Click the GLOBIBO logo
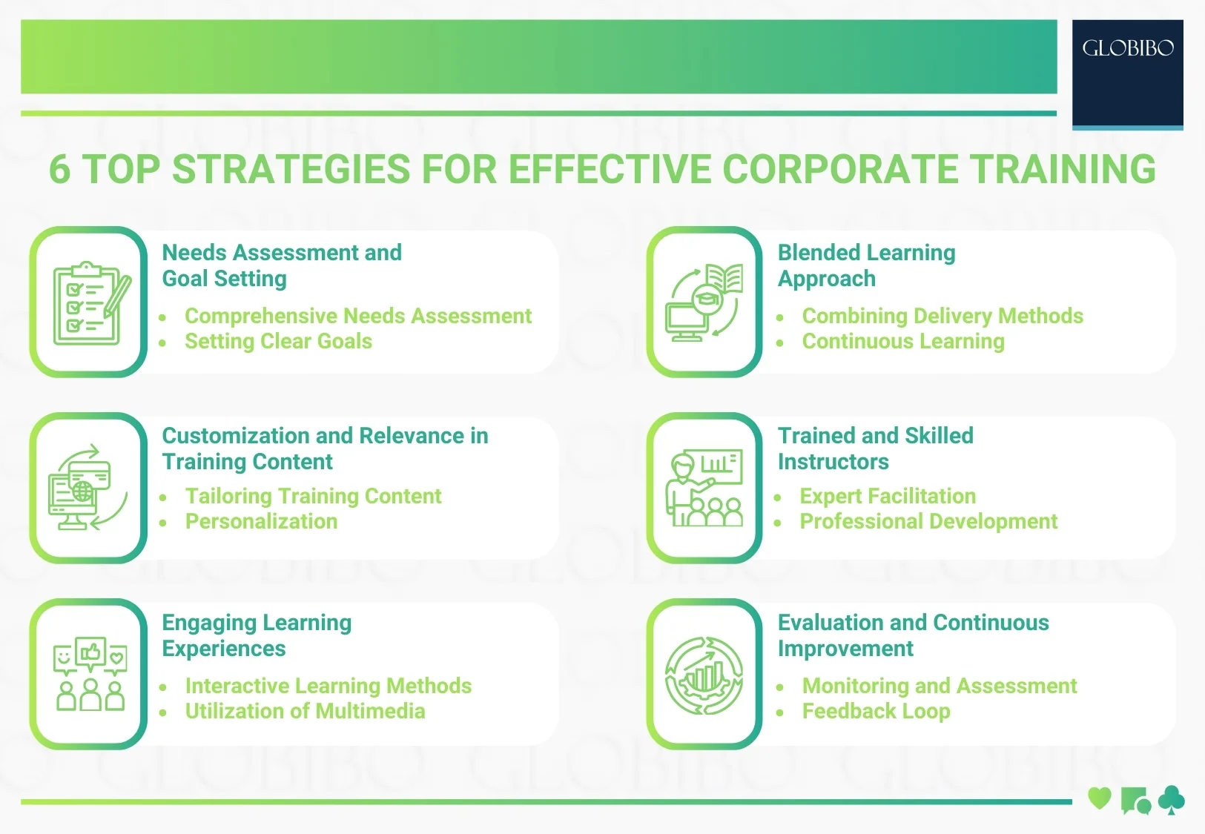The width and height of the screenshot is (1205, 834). (x=1127, y=49)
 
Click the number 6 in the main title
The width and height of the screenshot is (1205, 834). (x=60, y=170)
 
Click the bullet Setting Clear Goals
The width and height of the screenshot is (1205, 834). (x=278, y=342)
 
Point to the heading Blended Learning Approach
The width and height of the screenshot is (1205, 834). (x=866, y=265)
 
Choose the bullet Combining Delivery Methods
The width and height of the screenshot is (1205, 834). (x=942, y=317)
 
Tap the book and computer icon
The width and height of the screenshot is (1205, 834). (x=704, y=302)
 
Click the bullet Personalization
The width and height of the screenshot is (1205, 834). (x=261, y=522)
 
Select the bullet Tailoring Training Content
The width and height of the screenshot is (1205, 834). (x=313, y=497)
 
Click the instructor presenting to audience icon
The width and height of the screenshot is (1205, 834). (x=704, y=489)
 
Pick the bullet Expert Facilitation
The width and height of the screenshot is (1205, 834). (x=887, y=497)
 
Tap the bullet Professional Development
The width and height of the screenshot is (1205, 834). (x=928, y=522)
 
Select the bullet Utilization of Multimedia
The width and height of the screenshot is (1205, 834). (x=305, y=712)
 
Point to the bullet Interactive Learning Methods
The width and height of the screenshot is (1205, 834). (x=328, y=686)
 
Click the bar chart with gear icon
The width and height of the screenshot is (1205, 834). (x=704, y=675)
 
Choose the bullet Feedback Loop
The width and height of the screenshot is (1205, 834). (x=876, y=712)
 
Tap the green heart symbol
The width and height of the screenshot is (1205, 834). (x=1099, y=798)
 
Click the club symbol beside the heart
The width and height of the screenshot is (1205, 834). (x=1171, y=800)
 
